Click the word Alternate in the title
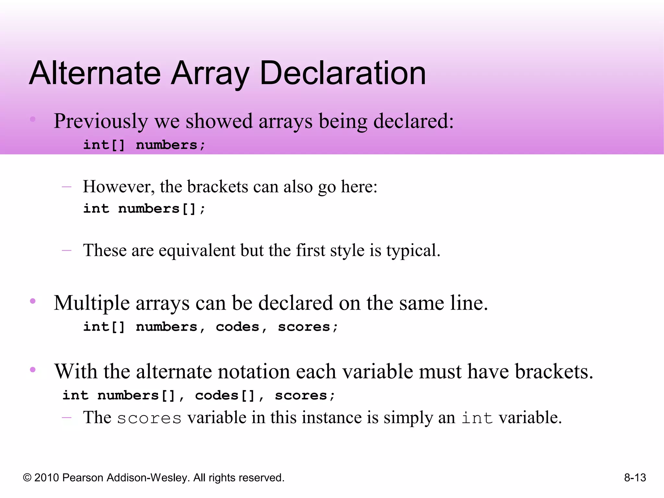click(95, 74)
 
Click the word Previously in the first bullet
click(101, 122)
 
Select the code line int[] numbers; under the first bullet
click(144, 145)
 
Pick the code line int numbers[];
click(144, 208)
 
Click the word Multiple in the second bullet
click(92, 303)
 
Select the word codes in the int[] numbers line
click(238, 327)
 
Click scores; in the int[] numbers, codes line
click(308, 327)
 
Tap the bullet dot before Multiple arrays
click(33, 301)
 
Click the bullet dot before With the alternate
click(33, 369)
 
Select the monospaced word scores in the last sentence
click(149, 418)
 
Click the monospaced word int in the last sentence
click(477, 418)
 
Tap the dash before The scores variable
click(67, 418)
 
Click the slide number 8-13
click(635, 478)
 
